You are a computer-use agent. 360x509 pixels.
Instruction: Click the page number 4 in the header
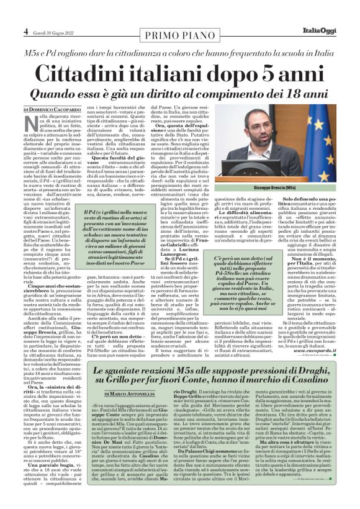coord(26,30)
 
